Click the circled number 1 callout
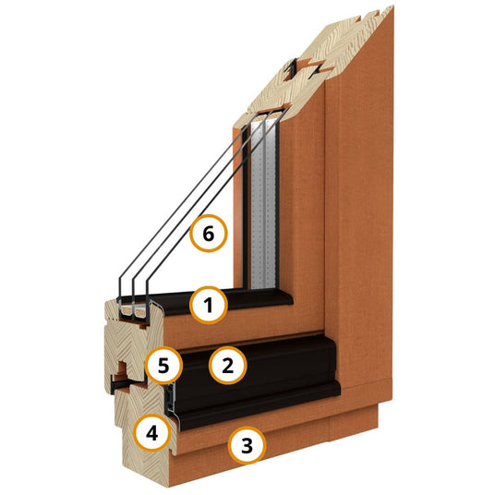(x=209, y=305)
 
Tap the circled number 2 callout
(x=227, y=366)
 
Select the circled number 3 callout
(x=247, y=445)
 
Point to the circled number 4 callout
(x=152, y=433)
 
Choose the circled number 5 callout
(x=163, y=366)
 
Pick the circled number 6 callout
(x=209, y=234)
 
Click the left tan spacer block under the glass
(x=127, y=311)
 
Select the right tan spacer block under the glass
(x=140, y=311)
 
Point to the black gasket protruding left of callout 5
(x=119, y=384)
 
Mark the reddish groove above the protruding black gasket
(x=122, y=368)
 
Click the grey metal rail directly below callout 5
(x=171, y=398)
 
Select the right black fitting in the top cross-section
(x=316, y=71)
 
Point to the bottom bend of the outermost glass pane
(x=120, y=281)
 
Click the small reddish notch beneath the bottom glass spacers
(x=144, y=325)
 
